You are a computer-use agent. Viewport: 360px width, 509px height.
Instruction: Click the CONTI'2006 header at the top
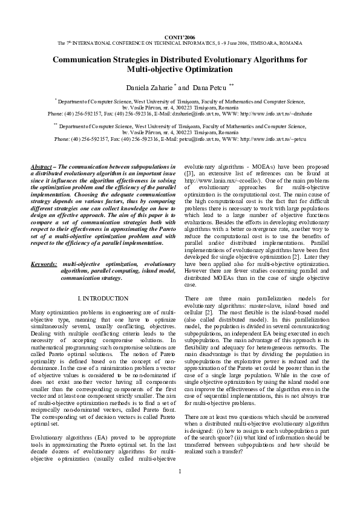(180, 37)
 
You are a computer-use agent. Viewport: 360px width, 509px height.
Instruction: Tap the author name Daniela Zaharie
(148, 88)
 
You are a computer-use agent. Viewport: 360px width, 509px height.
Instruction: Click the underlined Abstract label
(42, 166)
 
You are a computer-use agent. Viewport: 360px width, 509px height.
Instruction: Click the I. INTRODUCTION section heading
(103, 299)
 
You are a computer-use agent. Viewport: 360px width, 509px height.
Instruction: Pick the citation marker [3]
(189, 172)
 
